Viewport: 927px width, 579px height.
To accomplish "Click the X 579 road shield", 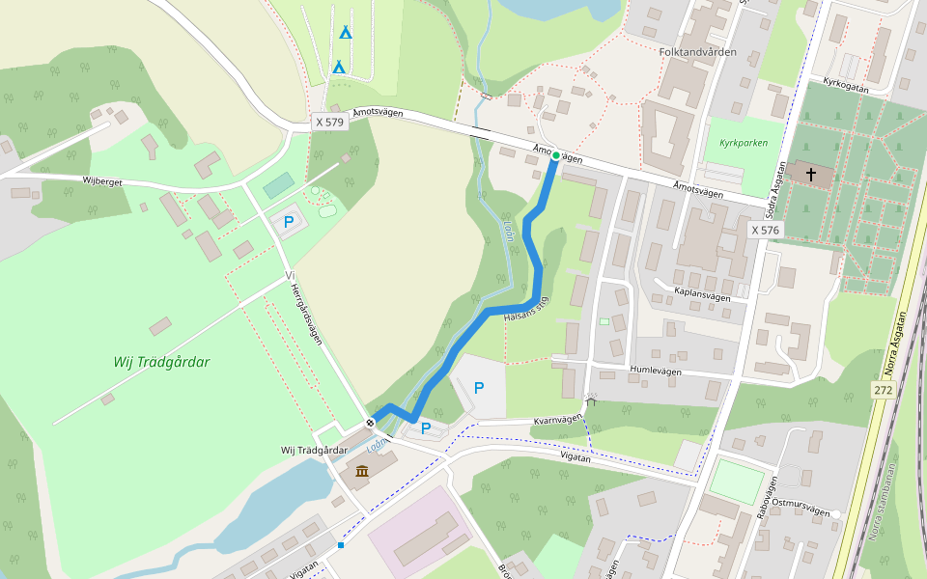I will [329, 122].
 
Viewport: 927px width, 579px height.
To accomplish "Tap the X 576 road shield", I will [765, 230].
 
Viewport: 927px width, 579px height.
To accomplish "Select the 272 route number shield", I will [883, 390].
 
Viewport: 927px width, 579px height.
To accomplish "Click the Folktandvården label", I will [697, 52].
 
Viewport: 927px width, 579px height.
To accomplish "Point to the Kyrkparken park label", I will [744, 143].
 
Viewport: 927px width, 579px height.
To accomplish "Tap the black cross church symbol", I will [811, 175].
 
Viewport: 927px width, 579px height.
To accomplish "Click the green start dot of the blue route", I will [555, 154].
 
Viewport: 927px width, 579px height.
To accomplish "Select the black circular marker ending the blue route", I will [370, 423].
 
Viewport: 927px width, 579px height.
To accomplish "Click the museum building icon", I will [361, 471].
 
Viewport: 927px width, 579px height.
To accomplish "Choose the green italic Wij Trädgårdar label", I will [161, 363].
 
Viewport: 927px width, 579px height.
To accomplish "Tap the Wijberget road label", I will [101, 180].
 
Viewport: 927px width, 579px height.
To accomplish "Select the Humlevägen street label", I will [656, 371].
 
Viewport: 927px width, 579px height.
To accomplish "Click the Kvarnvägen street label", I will [558, 420].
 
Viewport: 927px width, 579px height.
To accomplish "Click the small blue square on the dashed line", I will [341, 545].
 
